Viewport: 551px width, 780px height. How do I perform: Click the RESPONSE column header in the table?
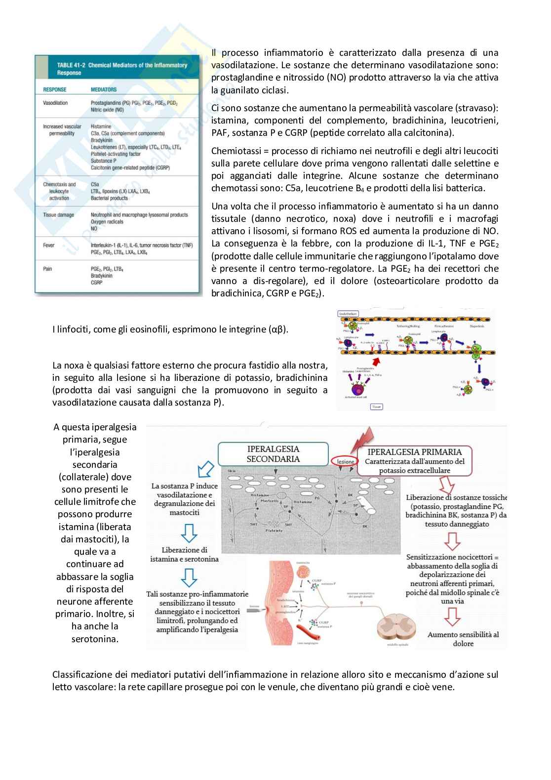point(54,89)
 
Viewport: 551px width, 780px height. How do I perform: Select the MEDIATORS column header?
point(104,89)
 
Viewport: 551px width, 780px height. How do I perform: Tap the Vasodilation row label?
point(55,103)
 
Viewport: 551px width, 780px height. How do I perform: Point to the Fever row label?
point(49,245)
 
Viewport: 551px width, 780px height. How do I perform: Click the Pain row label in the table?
point(47,269)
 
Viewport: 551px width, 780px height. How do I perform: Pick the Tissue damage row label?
point(58,215)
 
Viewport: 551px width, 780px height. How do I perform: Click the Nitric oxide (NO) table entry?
point(107,110)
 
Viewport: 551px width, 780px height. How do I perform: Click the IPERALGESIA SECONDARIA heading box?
point(273,454)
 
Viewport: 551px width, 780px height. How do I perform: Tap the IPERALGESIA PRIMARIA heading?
point(415,452)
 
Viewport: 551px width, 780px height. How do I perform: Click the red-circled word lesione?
point(346,461)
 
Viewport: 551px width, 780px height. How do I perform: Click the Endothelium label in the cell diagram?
point(348,314)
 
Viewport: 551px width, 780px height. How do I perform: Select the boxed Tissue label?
point(376,407)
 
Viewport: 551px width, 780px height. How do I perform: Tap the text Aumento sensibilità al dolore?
point(463,639)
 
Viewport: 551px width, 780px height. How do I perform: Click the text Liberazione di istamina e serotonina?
point(184,554)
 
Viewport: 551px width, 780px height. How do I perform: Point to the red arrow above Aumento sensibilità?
point(452,616)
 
